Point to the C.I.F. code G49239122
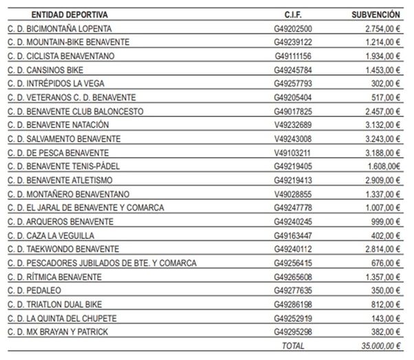[293, 42]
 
